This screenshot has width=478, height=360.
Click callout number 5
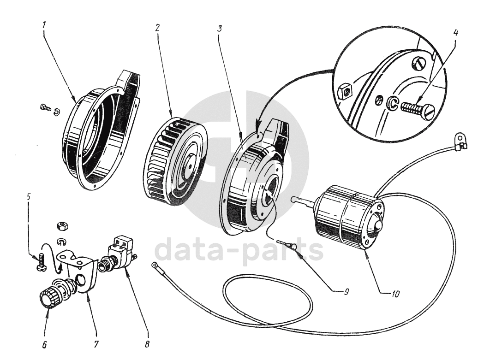coord(29,196)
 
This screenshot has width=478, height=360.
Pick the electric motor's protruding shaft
coord(302,201)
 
